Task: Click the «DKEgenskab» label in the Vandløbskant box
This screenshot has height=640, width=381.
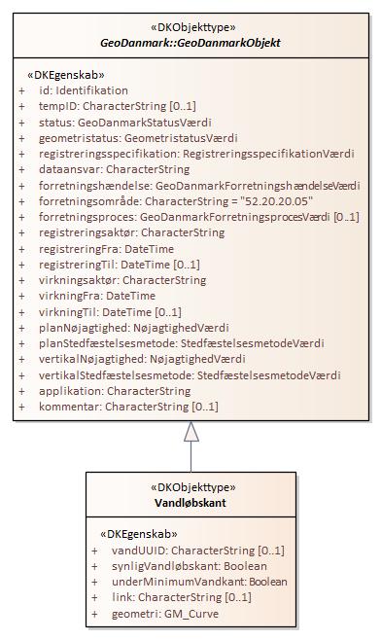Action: [x=139, y=534]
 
